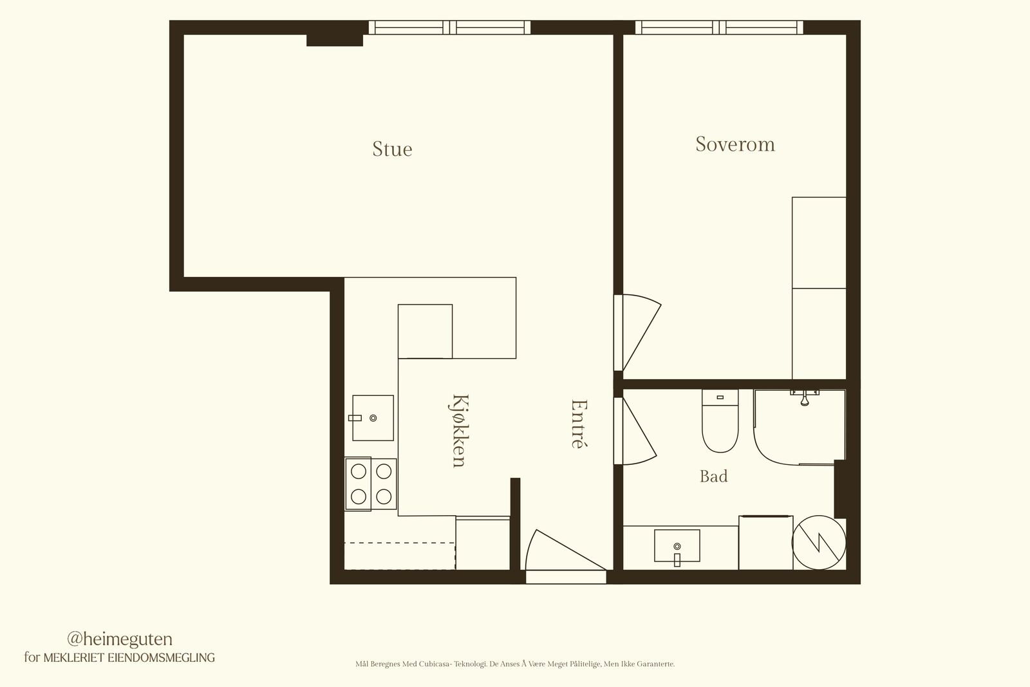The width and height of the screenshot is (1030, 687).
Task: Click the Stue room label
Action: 392,149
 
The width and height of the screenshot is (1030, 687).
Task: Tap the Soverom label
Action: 735,144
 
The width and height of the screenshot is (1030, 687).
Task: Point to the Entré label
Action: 579,423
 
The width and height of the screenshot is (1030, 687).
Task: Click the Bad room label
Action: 714,476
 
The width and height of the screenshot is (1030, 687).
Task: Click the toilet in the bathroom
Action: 720,420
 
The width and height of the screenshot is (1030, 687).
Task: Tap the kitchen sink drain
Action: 373,418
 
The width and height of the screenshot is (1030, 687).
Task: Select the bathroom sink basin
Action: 677,545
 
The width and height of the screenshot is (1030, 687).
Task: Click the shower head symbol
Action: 805,398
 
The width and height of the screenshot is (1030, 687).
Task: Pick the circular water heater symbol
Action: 819,543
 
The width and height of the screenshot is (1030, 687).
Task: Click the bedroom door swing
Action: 638,332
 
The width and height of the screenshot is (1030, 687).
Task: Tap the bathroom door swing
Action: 635,431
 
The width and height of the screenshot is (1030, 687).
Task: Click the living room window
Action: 449,28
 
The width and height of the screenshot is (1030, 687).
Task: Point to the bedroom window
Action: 719,28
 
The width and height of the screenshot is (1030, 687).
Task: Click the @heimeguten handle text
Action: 120,639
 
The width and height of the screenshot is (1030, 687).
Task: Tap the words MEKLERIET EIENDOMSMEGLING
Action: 129,657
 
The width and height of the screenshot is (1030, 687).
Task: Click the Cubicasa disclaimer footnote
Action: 515,664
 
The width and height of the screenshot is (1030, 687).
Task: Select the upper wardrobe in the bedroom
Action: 819,243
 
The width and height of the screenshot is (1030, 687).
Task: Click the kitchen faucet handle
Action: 355,418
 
